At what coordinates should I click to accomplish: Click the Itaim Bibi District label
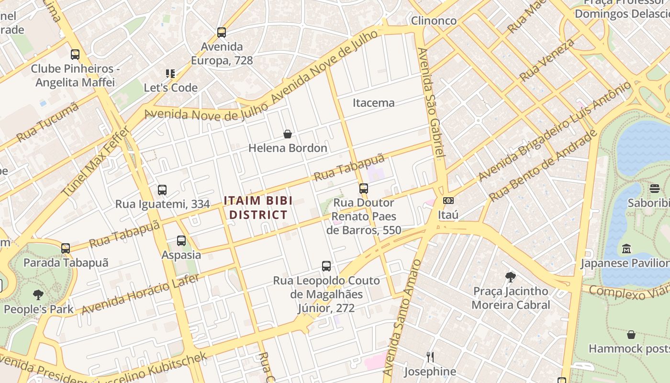258,208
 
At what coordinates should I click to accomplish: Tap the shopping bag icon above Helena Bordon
288,134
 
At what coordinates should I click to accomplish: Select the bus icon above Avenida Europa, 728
221,33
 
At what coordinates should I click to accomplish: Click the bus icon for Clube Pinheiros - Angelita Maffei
75,55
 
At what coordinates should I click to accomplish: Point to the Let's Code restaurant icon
170,74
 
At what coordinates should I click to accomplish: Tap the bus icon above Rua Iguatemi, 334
162,190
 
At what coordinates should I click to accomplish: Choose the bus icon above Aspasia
181,241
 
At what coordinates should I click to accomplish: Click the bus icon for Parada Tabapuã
66,248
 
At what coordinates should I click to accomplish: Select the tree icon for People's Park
38,295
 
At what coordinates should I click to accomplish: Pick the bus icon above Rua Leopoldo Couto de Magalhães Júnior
326,266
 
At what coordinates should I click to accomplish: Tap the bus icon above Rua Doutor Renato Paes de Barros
364,189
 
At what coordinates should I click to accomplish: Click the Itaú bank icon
448,201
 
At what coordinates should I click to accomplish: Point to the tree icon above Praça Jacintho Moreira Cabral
511,277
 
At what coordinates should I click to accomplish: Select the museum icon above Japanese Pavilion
626,249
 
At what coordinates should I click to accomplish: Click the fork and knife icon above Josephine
430,357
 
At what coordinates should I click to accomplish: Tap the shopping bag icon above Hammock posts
631,335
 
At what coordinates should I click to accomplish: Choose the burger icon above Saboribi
655,189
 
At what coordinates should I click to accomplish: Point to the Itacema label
374,103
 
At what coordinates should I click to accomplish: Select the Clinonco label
434,21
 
